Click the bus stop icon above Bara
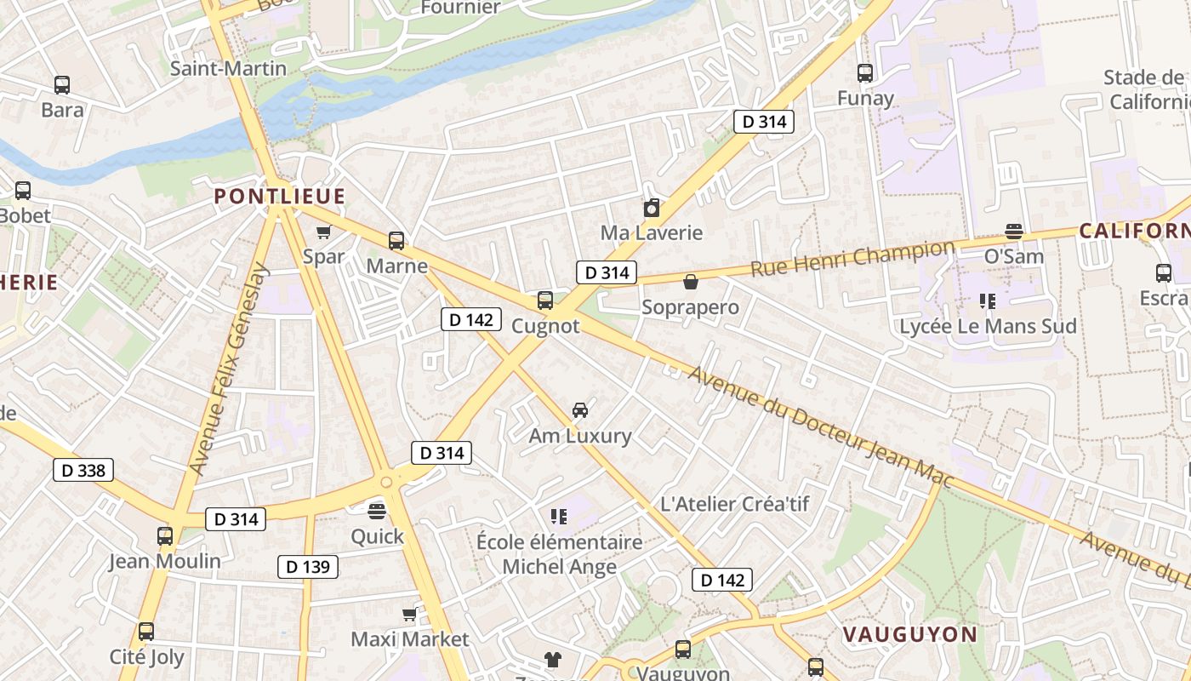[x=62, y=85]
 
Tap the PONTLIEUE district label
[x=279, y=197]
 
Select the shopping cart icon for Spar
[x=323, y=232]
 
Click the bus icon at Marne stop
[x=396, y=241]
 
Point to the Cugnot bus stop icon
[x=545, y=300]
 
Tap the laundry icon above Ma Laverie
[x=652, y=208]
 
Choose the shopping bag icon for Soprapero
[x=691, y=282]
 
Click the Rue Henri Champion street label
[x=852, y=259]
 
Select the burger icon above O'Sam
[x=1013, y=231]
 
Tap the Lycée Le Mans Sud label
[x=988, y=326]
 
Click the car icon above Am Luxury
[x=580, y=410]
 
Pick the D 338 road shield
[x=83, y=470]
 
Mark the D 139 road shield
[x=308, y=567]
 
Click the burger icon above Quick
[x=377, y=511]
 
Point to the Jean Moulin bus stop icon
[x=165, y=536]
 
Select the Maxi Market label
[x=410, y=639]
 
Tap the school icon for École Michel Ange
[x=559, y=516]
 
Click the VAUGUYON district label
[x=910, y=634]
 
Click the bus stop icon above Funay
[x=865, y=73]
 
